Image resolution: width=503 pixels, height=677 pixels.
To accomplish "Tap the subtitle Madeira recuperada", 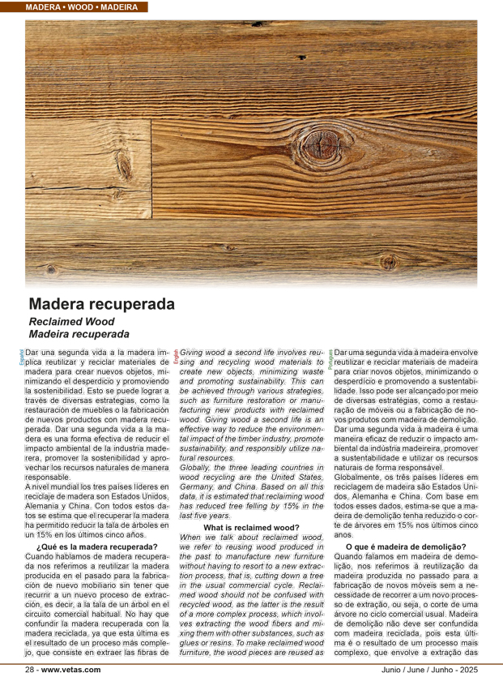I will [x=79, y=333].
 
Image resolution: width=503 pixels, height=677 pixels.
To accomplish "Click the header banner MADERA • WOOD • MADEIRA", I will [x=79, y=6].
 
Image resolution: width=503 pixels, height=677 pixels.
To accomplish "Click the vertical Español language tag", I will [x=22, y=357].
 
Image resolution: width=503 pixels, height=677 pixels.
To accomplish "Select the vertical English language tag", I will [x=176, y=357].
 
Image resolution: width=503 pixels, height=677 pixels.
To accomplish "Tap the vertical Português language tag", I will [x=330, y=358].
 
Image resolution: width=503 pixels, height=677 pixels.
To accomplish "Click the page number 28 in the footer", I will [x=30, y=670].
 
